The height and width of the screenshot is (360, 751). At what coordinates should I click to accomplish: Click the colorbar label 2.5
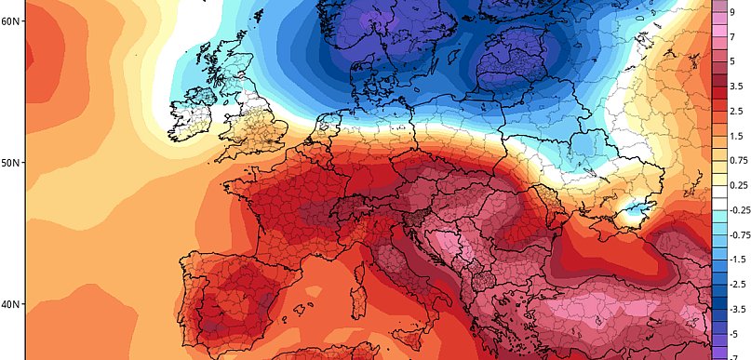click(736, 112)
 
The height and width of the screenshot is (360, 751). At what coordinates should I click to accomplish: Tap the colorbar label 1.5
click(736, 137)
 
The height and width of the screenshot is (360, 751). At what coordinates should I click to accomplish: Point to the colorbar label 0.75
click(738, 161)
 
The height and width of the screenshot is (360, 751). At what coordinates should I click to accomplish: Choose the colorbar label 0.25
click(738, 185)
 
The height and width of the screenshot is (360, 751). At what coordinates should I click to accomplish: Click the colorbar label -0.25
click(739, 210)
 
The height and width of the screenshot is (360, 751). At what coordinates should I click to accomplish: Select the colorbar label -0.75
click(739, 234)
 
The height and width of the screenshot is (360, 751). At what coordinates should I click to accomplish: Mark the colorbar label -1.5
click(737, 259)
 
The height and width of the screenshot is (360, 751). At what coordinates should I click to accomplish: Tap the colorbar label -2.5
click(737, 283)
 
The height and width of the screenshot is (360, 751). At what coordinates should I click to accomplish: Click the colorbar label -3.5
click(737, 308)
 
